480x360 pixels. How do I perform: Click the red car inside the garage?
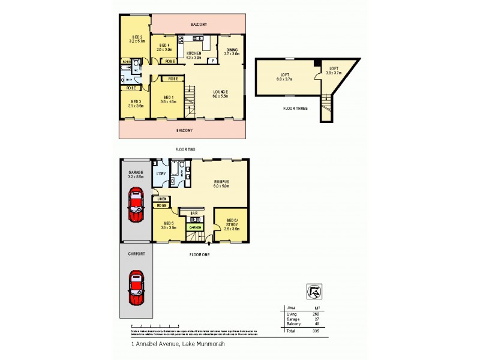(x=136, y=205)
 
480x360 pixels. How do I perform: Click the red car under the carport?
(x=136, y=288)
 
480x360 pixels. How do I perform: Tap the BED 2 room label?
(x=137, y=37)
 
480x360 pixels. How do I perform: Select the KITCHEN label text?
(x=194, y=54)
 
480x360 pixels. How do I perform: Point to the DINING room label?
(x=232, y=50)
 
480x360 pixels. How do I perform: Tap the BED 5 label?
(x=168, y=225)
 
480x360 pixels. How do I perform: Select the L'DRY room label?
(x=160, y=174)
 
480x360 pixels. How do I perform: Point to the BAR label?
(x=194, y=213)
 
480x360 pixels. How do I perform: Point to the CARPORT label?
(x=136, y=254)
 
